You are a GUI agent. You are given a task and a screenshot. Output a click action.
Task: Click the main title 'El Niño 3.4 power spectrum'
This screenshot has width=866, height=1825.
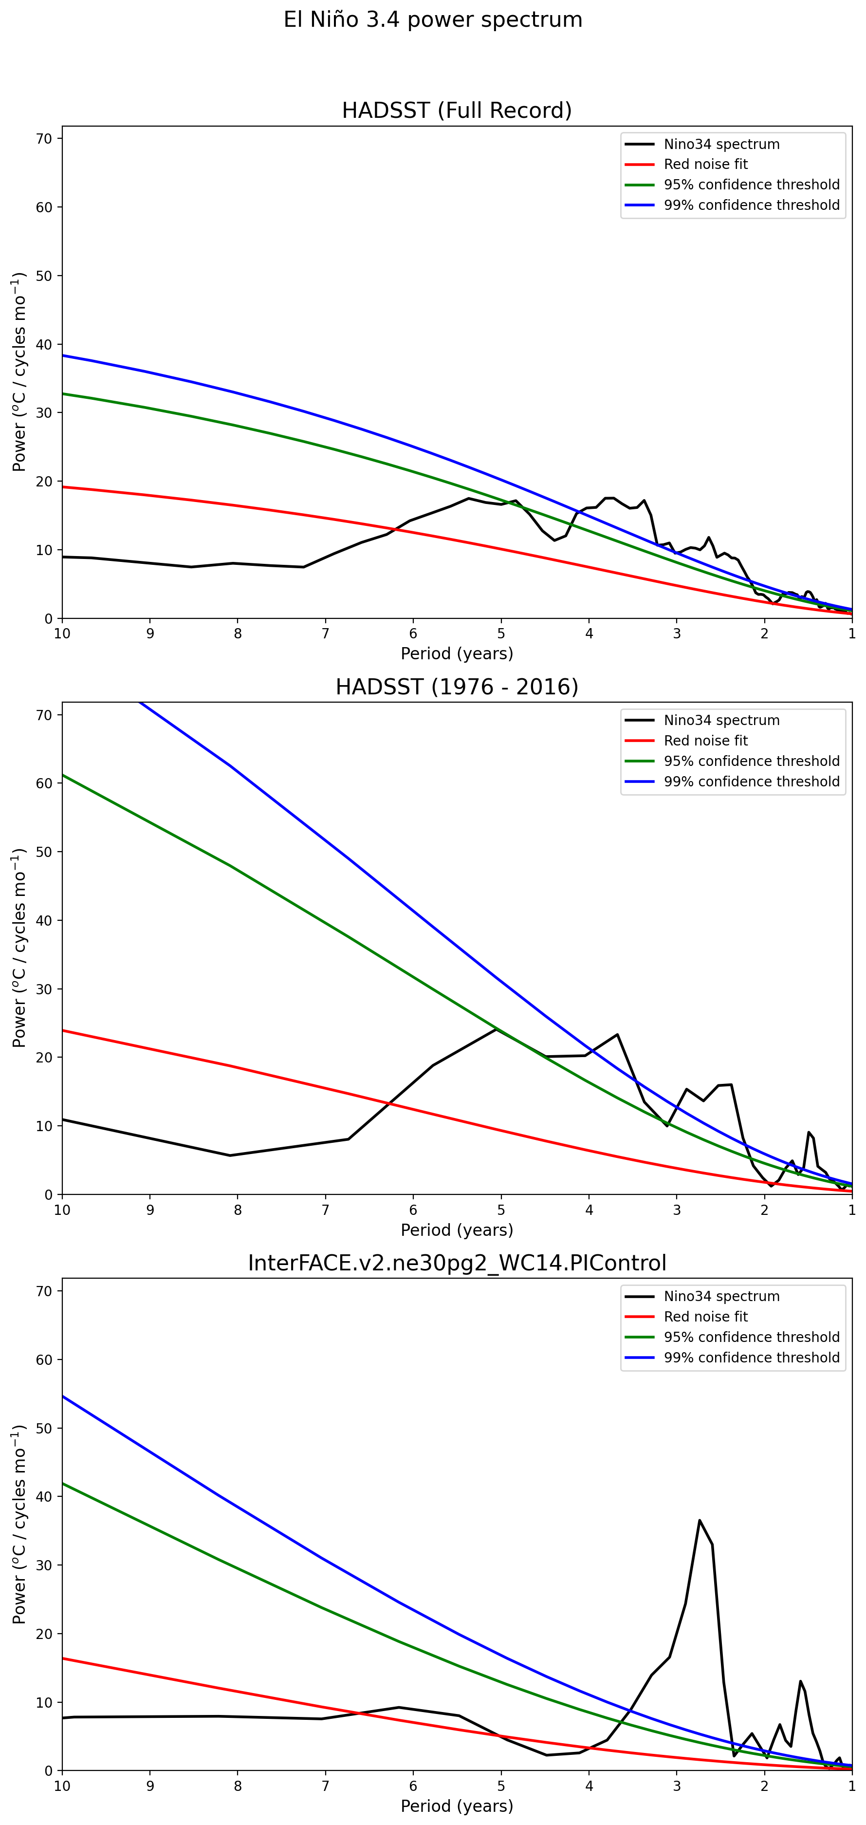pyautogui.click(x=433, y=20)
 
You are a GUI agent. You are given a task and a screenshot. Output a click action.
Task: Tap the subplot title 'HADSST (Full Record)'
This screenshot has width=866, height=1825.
pyautogui.click(x=457, y=111)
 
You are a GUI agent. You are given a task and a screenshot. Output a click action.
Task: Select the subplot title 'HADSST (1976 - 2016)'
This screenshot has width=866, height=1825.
pyautogui.click(x=457, y=687)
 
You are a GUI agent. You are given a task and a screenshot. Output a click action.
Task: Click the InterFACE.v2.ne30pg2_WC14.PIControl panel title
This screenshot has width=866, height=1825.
pyautogui.click(x=457, y=1263)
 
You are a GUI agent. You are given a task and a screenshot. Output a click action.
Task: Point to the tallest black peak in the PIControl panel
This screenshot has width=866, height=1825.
pyautogui.click(x=699, y=1520)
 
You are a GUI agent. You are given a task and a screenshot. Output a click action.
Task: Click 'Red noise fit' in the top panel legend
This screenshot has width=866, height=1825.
pyautogui.click(x=705, y=165)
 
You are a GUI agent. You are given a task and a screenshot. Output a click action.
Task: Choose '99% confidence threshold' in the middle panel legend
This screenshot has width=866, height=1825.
pyautogui.click(x=751, y=782)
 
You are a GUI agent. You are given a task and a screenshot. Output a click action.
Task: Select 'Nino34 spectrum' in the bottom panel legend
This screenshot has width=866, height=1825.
pyautogui.click(x=721, y=1297)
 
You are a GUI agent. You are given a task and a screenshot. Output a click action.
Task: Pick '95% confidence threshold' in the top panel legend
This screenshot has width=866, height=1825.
pyautogui.click(x=751, y=185)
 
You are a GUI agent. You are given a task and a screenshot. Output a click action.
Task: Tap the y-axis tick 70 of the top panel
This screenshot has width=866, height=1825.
pyautogui.click(x=44, y=139)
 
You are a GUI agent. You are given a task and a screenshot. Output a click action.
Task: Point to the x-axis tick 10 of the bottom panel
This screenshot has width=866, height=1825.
pyautogui.click(x=62, y=1786)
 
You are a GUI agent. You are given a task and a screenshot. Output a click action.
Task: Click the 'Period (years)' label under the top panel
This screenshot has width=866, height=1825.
pyautogui.click(x=457, y=653)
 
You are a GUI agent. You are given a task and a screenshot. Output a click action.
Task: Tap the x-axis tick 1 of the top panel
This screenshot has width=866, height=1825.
pyautogui.click(x=852, y=633)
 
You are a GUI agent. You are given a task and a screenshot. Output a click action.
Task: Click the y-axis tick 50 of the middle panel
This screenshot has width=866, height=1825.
pyautogui.click(x=44, y=852)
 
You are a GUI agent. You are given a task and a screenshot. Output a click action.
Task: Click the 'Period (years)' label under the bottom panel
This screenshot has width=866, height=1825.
pyautogui.click(x=457, y=1806)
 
